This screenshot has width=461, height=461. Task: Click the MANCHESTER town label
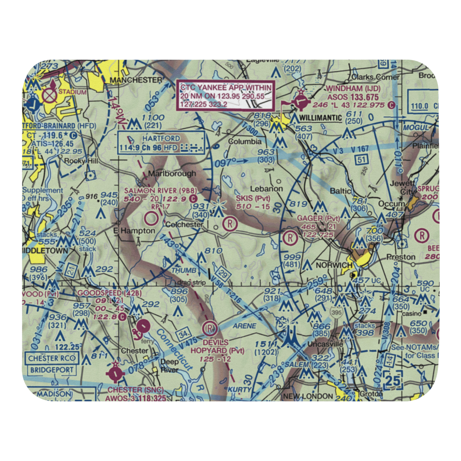(136, 80)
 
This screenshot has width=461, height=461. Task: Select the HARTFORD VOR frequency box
(161, 142)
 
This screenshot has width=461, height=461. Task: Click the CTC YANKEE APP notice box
(226, 95)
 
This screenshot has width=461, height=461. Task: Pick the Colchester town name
(184, 225)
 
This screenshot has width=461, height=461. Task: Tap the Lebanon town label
(266, 189)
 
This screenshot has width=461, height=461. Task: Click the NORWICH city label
(334, 266)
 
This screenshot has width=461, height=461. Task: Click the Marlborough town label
(172, 173)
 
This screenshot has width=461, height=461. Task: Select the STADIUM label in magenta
(73, 92)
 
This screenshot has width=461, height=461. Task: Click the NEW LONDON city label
(308, 396)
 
